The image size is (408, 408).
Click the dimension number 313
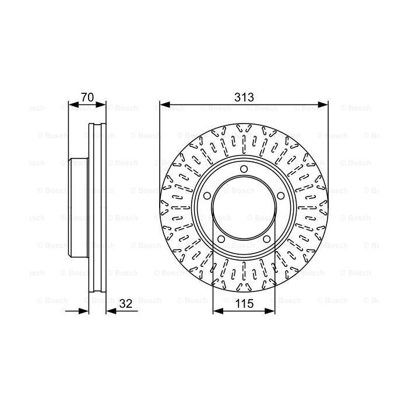pyautogui.click(x=244, y=97)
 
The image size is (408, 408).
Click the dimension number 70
pyautogui.click(x=87, y=97)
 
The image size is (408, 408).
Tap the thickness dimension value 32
pyautogui.click(x=125, y=303)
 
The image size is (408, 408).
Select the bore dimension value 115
pyautogui.click(x=244, y=303)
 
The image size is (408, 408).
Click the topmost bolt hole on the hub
pyautogui.click(x=244, y=170)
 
